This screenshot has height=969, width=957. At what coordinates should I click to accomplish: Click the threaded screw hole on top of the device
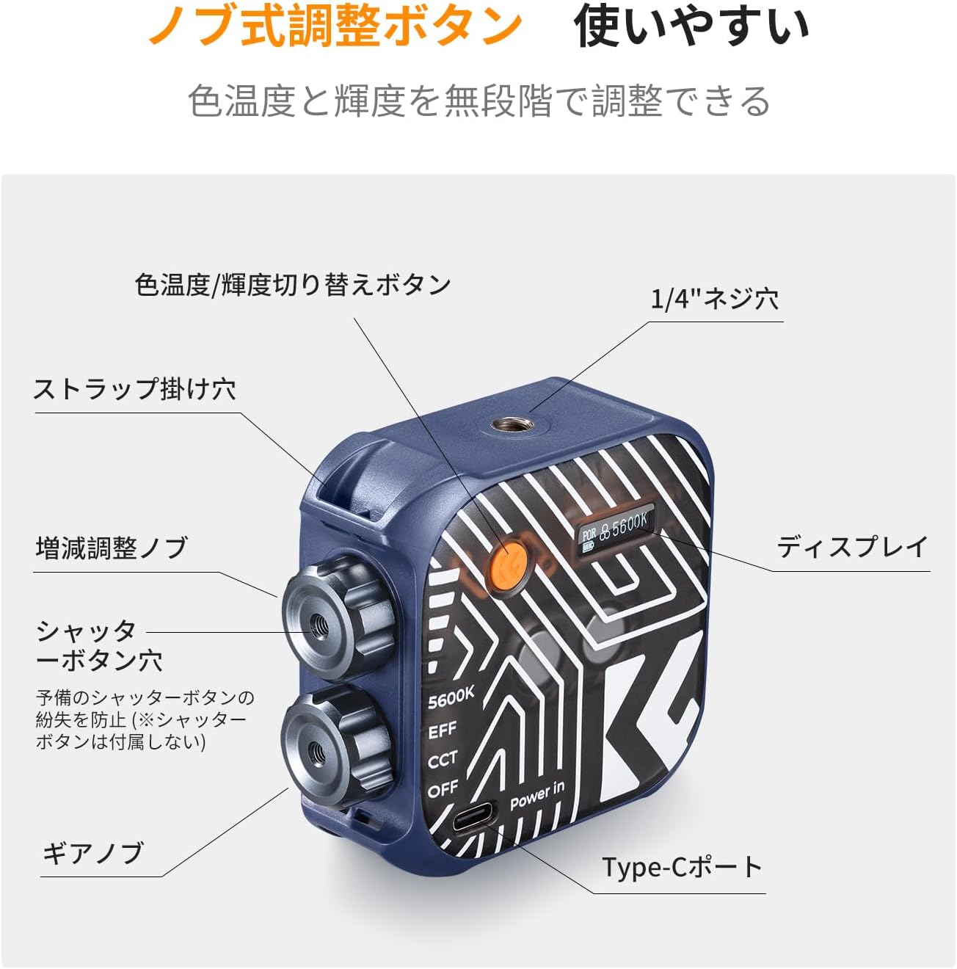click(512, 426)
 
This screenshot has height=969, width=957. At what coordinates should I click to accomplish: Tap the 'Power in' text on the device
click(536, 795)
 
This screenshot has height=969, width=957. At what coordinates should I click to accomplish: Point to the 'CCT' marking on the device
click(442, 760)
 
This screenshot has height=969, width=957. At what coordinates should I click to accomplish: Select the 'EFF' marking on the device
click(442, 730)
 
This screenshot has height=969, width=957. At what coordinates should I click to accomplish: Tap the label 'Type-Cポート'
click(681, 867)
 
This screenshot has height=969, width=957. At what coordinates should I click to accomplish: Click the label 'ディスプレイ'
click(851, 546)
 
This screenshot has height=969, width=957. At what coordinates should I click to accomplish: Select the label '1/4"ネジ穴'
click(715, 300)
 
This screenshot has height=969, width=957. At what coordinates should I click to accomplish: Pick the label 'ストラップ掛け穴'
click(134, 389)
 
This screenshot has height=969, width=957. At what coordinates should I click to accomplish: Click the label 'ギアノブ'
click(93, 853)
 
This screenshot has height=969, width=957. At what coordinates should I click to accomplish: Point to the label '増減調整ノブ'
click(112, 548)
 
